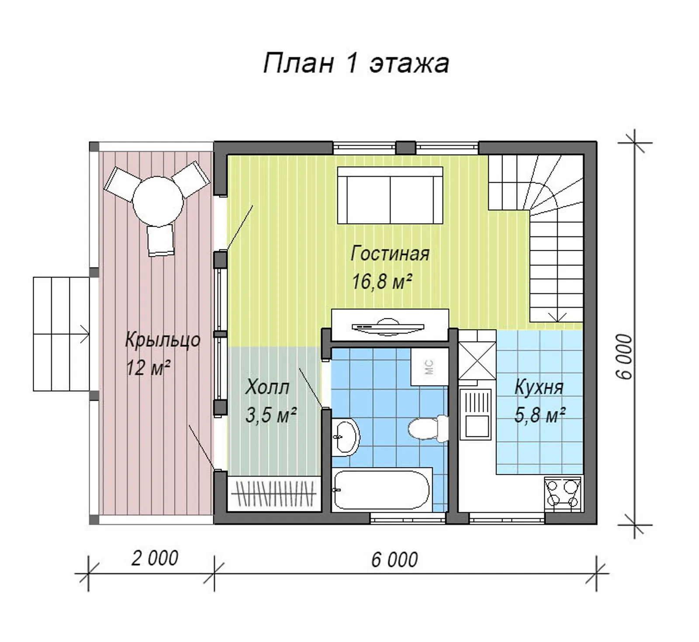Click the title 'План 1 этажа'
click(x=356, y=63)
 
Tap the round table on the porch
click(x=158, y=201)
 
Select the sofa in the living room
click(x=390, y=195)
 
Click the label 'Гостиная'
click(x=390, y=253)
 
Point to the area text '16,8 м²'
click(x=382, y=282)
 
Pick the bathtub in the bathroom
click(x=381, y=489)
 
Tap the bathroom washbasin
click(x=345, y=437)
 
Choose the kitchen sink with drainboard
click(x=476, y=413)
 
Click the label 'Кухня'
click(x=539, y=387)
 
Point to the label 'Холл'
click(x=267, y=387)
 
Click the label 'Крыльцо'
click(x=163, y=340)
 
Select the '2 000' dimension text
click(x=155, y=558)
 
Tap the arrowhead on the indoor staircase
click(x=557, y=317)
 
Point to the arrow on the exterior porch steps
click(x=84, y=335)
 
